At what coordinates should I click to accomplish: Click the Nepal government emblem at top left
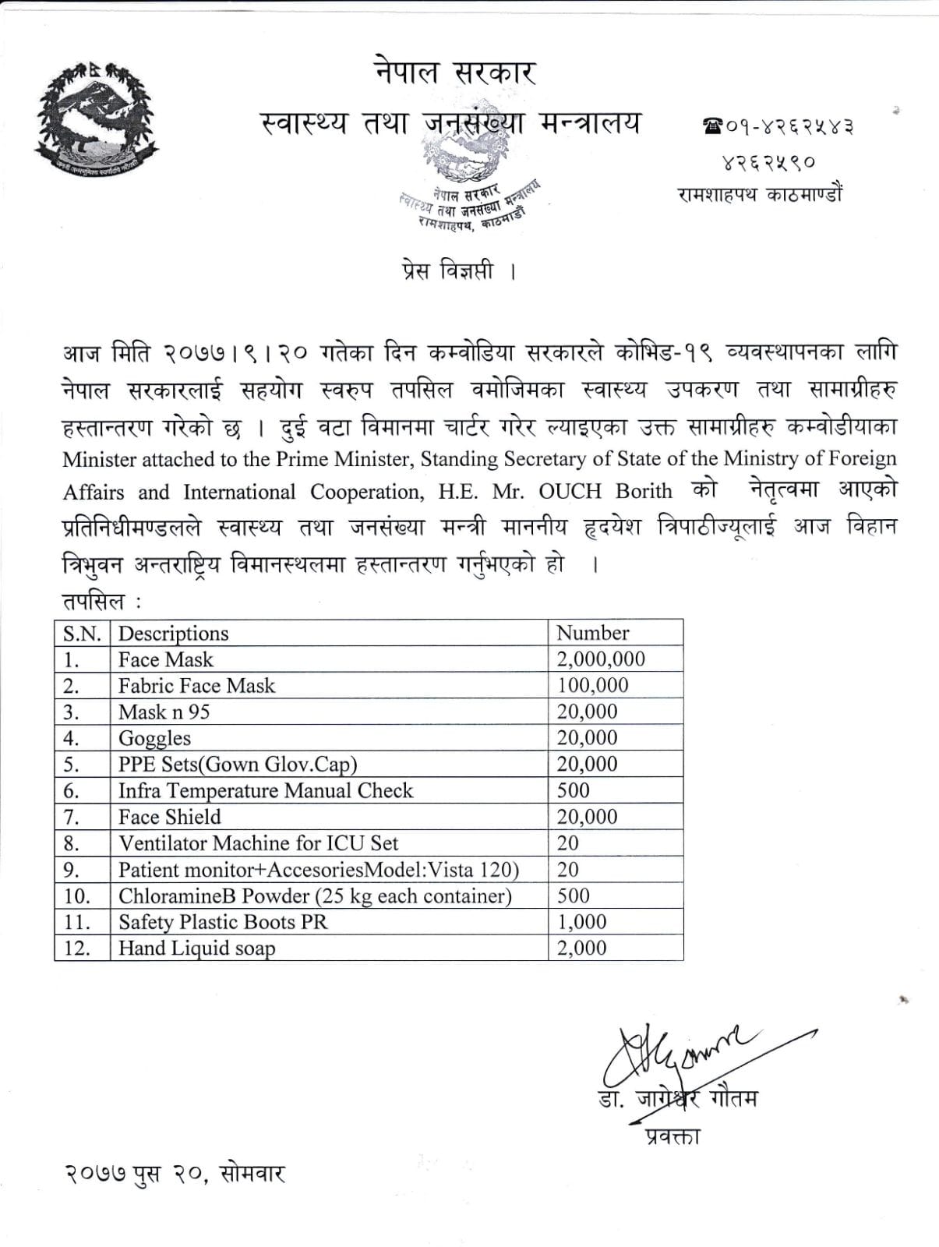click(x=97, y=118)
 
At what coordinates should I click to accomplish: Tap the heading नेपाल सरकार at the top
click(x=454, y=74)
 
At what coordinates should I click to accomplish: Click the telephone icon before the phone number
click(x=712, y=125)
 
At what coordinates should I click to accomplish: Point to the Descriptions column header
click(x=173, y=633)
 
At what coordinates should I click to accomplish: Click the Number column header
click(x=592, y=633)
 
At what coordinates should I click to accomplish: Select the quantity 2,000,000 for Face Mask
click(x=601, y=659)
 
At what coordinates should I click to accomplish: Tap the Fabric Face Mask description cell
click(x=196, y=686)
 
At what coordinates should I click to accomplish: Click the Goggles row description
click(x=154, y=738)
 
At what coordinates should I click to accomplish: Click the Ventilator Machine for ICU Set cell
click(x=258, y=843)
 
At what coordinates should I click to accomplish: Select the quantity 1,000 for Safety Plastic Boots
click(x=581, y=922)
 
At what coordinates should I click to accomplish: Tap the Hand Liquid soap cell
click(x=196, y=948)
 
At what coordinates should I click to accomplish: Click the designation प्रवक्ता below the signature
click(x=672, y=1136)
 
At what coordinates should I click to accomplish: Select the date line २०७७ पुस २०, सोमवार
click(x=175, y=1173)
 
